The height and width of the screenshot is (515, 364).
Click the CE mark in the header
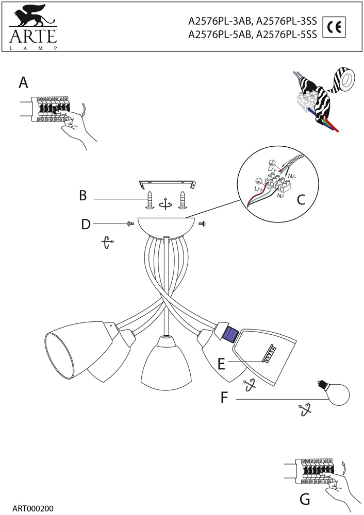[333, 27]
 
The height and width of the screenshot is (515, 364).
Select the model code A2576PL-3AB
[220, 22]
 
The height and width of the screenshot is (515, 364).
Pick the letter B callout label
[82, 196]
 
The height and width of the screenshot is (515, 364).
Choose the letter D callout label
[86, 224]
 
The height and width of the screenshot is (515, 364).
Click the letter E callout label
[221, 364]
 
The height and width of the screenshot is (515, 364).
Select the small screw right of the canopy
[202, 224]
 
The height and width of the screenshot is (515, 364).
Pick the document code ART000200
[31, 508]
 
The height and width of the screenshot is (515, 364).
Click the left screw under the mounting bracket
[150, 199]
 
